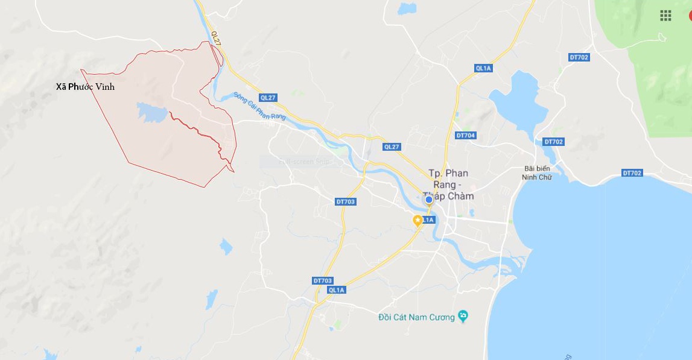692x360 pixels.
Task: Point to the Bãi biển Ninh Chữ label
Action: [536, 172]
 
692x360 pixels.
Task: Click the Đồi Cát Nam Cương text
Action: [416, 317]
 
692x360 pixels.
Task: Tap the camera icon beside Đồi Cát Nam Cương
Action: [463, 316]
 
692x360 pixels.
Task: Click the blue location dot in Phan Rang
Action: [429, 199]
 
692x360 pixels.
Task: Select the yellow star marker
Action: [417, 221]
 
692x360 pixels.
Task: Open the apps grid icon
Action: [665, 16]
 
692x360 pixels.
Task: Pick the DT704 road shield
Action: [466, 135]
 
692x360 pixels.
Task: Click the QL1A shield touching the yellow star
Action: [428, 220]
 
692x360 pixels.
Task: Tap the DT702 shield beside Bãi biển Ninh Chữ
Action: [553, 142]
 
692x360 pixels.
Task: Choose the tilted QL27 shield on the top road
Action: [215, 37]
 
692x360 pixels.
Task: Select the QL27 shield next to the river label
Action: [268, 97]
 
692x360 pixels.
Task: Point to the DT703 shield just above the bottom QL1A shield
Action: [323, 281]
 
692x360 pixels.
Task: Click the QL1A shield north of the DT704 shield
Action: [484, 68]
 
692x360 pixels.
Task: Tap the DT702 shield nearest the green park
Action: [579, 57]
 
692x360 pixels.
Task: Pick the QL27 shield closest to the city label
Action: [392, 147]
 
